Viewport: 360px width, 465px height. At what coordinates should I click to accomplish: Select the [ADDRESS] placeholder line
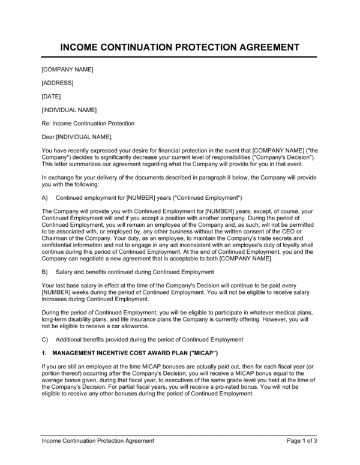[x=57, y=83]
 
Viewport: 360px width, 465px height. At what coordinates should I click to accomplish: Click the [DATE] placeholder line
[x=51, y=96]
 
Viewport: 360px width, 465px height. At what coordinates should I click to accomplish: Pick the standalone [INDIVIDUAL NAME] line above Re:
[x=69, y=110]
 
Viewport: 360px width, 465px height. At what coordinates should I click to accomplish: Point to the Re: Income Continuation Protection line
[x=88, y=124]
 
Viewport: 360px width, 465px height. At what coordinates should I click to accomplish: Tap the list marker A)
[x=45, y=197]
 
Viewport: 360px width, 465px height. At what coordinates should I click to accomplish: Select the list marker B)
[x=45, y=272]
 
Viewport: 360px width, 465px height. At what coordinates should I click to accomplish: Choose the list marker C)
[x=45, y=339]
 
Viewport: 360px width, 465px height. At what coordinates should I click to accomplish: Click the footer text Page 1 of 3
[x=302, y=440]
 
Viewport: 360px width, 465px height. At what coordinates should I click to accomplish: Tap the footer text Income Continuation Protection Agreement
[x=98, y=440]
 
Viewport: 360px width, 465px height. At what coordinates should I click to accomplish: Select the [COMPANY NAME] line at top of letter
[x=68, y=69]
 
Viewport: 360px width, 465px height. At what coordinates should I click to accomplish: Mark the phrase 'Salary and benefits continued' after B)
[x=95, y=272]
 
